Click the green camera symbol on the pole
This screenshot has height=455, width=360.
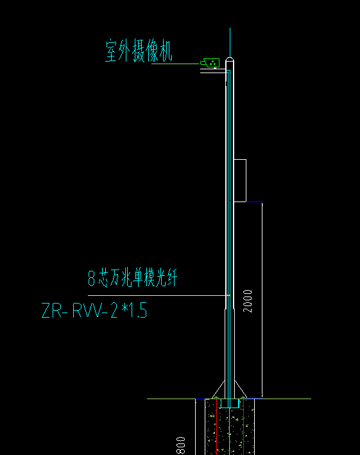209,63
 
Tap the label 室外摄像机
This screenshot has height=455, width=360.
139,51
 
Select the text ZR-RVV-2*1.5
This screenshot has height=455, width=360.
94,312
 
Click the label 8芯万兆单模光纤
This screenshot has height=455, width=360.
132,279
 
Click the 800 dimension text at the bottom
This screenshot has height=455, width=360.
181,445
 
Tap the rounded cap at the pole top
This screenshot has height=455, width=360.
230,62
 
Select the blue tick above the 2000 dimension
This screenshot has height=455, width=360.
254,203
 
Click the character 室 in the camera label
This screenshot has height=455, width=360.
113,51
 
